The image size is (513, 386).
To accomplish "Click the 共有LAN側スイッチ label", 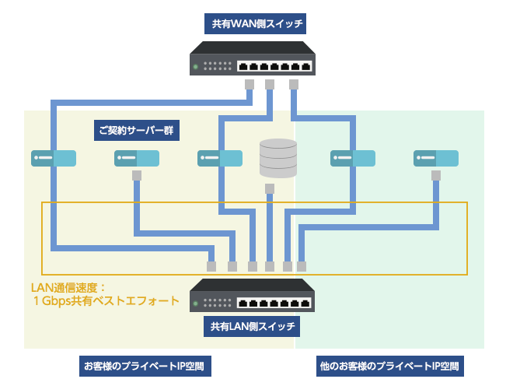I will (x=254, y=328).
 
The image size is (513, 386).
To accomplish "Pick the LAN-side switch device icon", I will (x=254, y=294).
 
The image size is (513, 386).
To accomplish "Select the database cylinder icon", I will (x=278, y=159).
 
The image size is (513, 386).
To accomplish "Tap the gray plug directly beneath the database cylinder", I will (x=269, y=189).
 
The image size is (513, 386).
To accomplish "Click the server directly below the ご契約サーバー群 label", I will (x=137, y=158).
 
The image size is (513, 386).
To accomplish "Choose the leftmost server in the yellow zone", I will (x=54, y=158).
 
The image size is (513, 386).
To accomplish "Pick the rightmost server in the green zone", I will (x=436, y=158).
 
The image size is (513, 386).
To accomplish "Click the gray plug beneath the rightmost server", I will (x=435, y=176).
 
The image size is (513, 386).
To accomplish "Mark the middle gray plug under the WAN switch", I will (x=270, y=84).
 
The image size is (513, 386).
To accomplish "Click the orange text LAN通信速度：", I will (x=63, y=287).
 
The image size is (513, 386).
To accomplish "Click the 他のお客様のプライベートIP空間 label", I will (x=390, y=364).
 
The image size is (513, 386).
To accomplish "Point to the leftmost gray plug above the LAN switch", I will (x=211, y=265).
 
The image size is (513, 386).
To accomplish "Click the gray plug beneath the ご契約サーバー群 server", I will (x=137, y=176).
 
